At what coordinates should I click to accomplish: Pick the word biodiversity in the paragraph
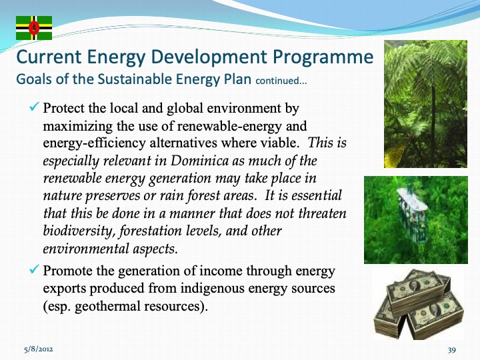[75, 231]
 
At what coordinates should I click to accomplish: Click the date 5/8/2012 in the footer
[34, 349]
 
